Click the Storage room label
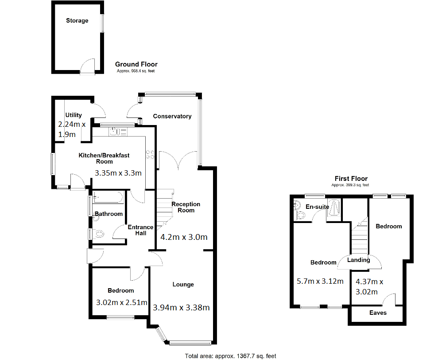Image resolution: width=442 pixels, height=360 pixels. click(77, 20)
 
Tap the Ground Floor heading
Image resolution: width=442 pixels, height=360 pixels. click(136, 64)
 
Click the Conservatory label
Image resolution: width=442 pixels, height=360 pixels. click(172, 116)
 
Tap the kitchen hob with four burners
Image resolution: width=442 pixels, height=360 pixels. click(150, 154)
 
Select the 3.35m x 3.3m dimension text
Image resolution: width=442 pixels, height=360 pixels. click(118, 173)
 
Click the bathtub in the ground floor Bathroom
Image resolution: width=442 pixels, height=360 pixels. click(109, 197)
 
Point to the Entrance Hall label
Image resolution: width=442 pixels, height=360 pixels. click(140, 230)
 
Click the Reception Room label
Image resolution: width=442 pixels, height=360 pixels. click(186, 207)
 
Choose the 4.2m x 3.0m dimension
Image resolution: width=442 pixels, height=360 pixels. click(184, 237)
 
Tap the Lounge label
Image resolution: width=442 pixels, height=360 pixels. click(183, 284)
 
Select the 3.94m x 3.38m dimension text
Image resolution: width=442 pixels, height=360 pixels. click(181, 307)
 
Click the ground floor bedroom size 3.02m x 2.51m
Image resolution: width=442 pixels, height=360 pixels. click(121, 303)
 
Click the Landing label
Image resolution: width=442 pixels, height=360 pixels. click(358, 260)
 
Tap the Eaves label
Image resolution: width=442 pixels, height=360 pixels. click(378, 313)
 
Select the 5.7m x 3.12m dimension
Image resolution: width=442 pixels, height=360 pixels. click(319, 280)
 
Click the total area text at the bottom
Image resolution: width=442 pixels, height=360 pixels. click(230, 356)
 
